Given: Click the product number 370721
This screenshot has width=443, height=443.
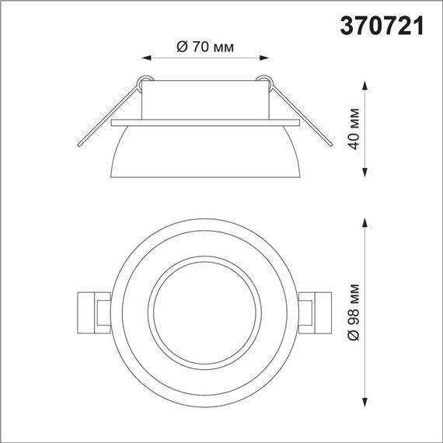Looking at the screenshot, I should coord(382,26).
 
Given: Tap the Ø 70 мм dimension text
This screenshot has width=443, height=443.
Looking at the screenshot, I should coord(206,47).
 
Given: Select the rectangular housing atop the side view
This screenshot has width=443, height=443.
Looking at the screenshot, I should coord(204,99).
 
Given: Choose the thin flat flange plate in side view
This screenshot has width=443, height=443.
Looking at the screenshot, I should coord(204,122).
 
